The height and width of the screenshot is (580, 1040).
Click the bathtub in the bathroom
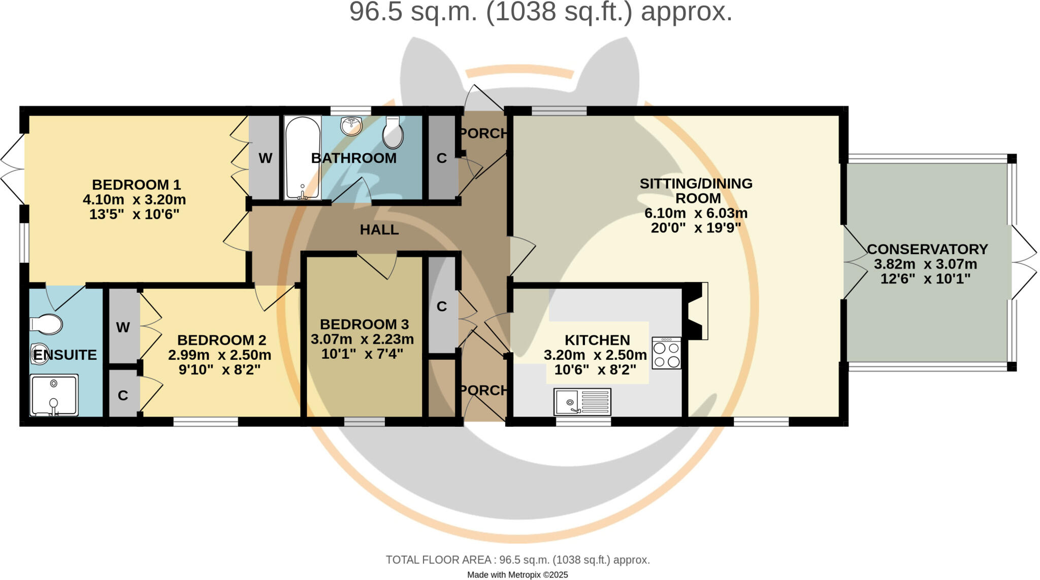[303, 157]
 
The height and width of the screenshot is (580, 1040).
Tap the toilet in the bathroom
[393, 132]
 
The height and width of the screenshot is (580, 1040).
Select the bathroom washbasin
[351, 125]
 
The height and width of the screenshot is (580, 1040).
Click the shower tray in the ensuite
[54, 395]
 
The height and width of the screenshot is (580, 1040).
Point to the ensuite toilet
[46, 324]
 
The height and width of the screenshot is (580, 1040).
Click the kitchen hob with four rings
[666, 353]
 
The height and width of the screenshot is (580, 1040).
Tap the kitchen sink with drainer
[582, 402]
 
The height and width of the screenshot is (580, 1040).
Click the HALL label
[379, 230]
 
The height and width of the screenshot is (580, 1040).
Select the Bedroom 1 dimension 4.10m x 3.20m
[134, 199]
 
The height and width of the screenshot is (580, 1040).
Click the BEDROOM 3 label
[364, 324]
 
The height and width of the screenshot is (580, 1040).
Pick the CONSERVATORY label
[927, 249]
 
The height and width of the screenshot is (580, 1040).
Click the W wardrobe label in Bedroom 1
[265, 158]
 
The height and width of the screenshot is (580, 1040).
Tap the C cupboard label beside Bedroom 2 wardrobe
[123, 396]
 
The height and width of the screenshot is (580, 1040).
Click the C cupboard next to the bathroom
[442, 158]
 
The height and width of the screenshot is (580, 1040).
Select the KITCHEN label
[597, 340]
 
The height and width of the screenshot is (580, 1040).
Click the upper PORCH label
[483, 133]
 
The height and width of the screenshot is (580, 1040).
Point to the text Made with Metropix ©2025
[517, 575]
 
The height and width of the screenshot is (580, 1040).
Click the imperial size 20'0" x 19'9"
[696, 228]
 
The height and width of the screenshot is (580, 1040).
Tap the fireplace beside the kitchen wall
[696, 311]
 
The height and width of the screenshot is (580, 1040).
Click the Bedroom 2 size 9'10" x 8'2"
[219, 369]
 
